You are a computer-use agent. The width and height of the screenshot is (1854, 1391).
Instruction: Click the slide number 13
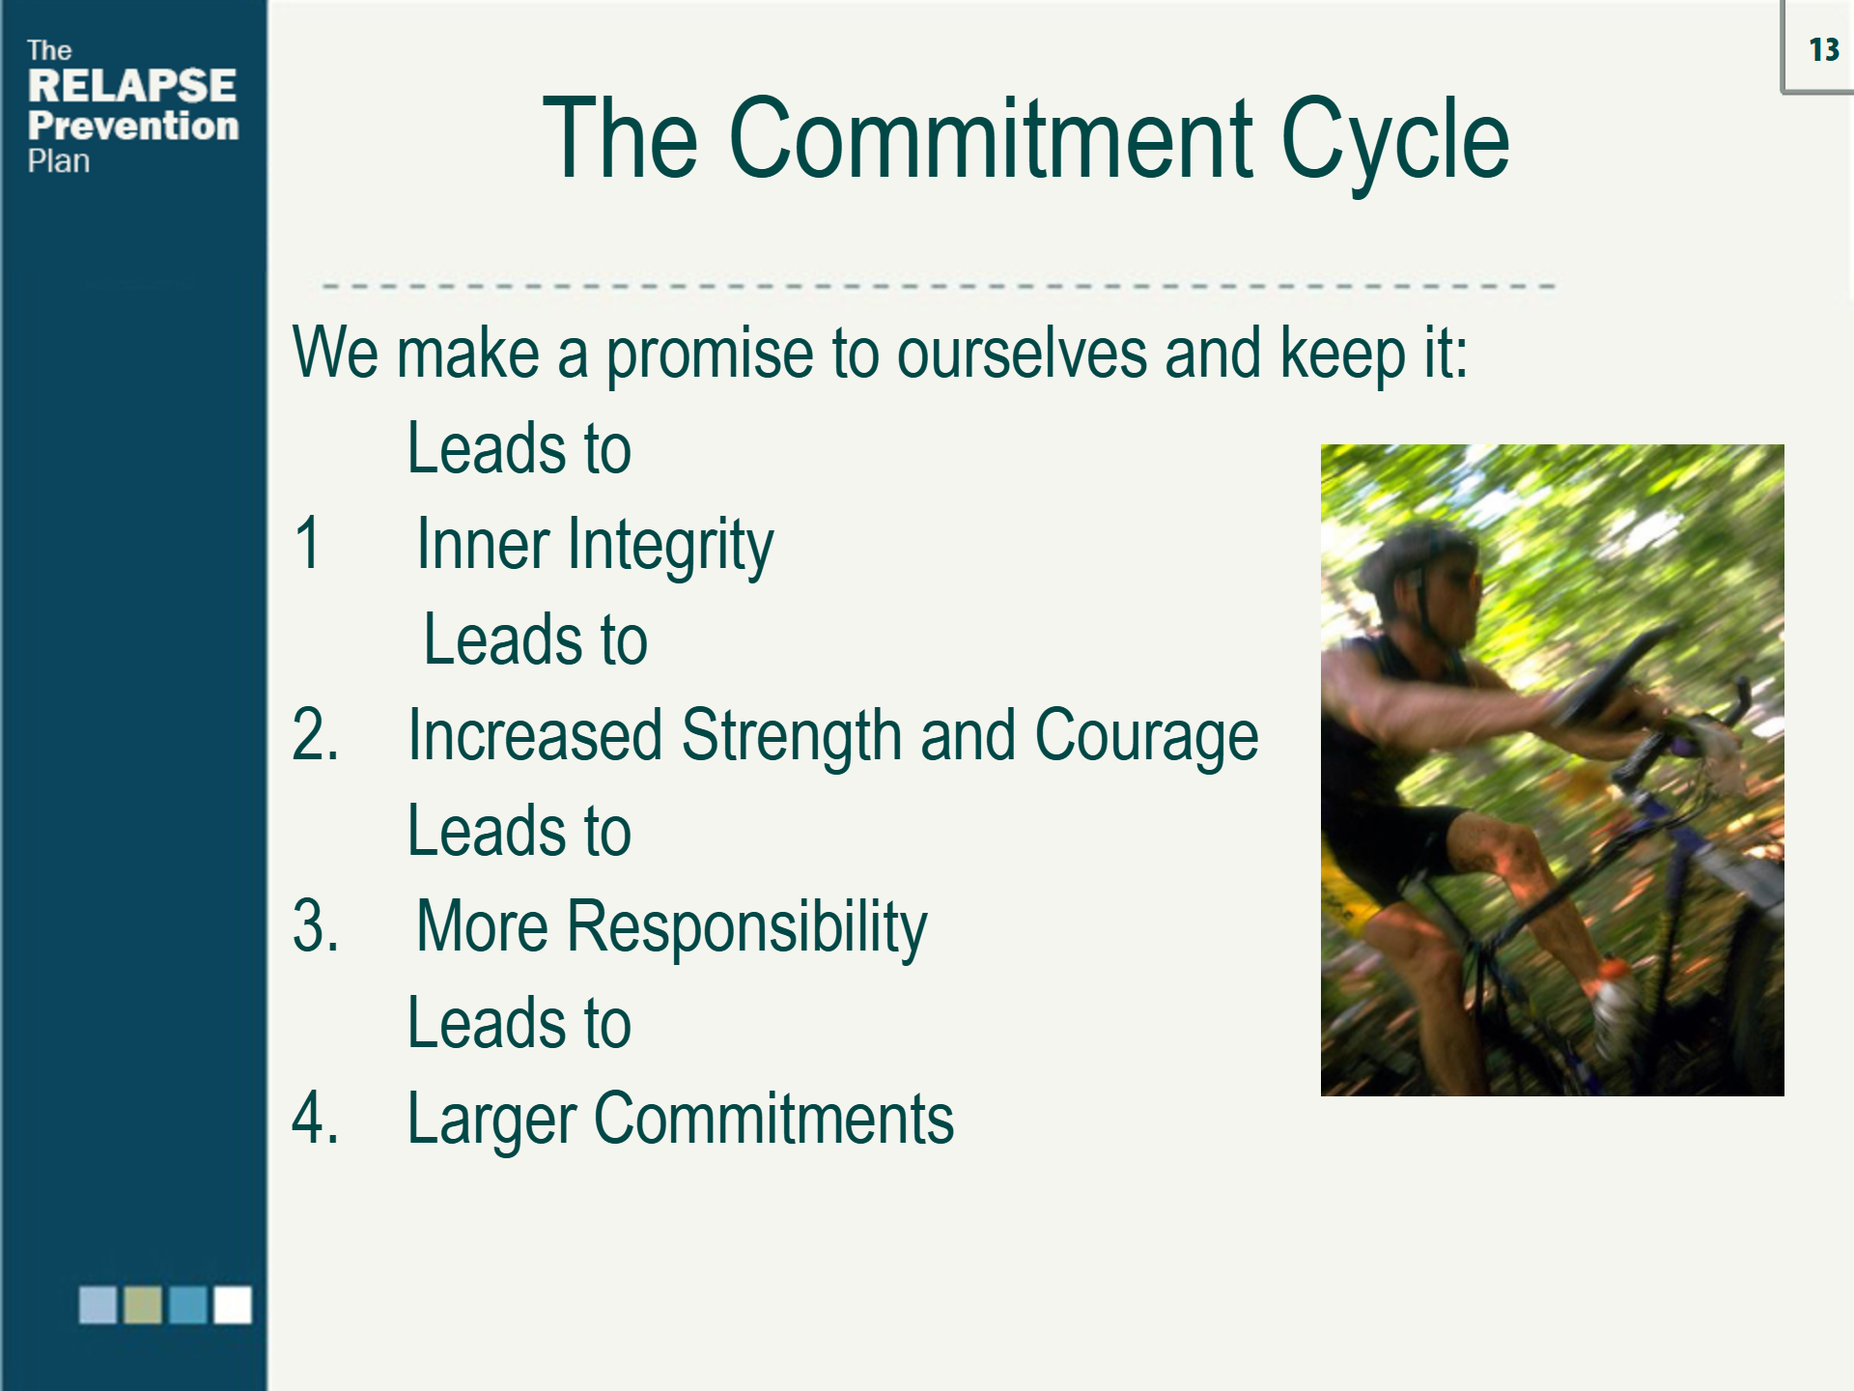pyautogui.click(x=1824, y=49)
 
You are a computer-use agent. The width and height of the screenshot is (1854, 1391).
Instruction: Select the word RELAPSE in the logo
pyautogui.click(x=132, y=86)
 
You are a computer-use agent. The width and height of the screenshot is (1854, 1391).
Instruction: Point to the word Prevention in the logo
pyautogui.click(x=133, y=126)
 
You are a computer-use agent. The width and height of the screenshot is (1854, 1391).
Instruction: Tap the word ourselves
pyautogui.click(x=1022, y=353)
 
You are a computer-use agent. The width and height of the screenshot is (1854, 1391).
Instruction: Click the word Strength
pyautogui.click(x=792, y=737)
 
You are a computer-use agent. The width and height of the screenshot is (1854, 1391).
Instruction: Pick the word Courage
pyautogui.click(x=1146, y=737)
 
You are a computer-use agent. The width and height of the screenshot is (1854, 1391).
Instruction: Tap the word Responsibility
pyautogui.click(x=746, y=928)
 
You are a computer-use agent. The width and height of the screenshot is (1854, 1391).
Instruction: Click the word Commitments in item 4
pyautogui.click(x=773, y=1118)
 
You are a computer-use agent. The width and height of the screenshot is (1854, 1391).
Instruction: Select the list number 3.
pyautogui.click(x=315, y=926)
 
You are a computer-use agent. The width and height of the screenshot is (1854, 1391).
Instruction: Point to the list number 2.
pyautogui.click(x=315, y=735)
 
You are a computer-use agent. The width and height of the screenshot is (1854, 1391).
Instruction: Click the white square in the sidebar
pyautogui.click(x=233, y=1304)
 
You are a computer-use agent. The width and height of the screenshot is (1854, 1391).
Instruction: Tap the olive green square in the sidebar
pyautogui.click(x=143, y=1304)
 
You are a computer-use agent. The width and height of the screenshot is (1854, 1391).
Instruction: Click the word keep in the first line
pyautogui.click(x=1343, y=355)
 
